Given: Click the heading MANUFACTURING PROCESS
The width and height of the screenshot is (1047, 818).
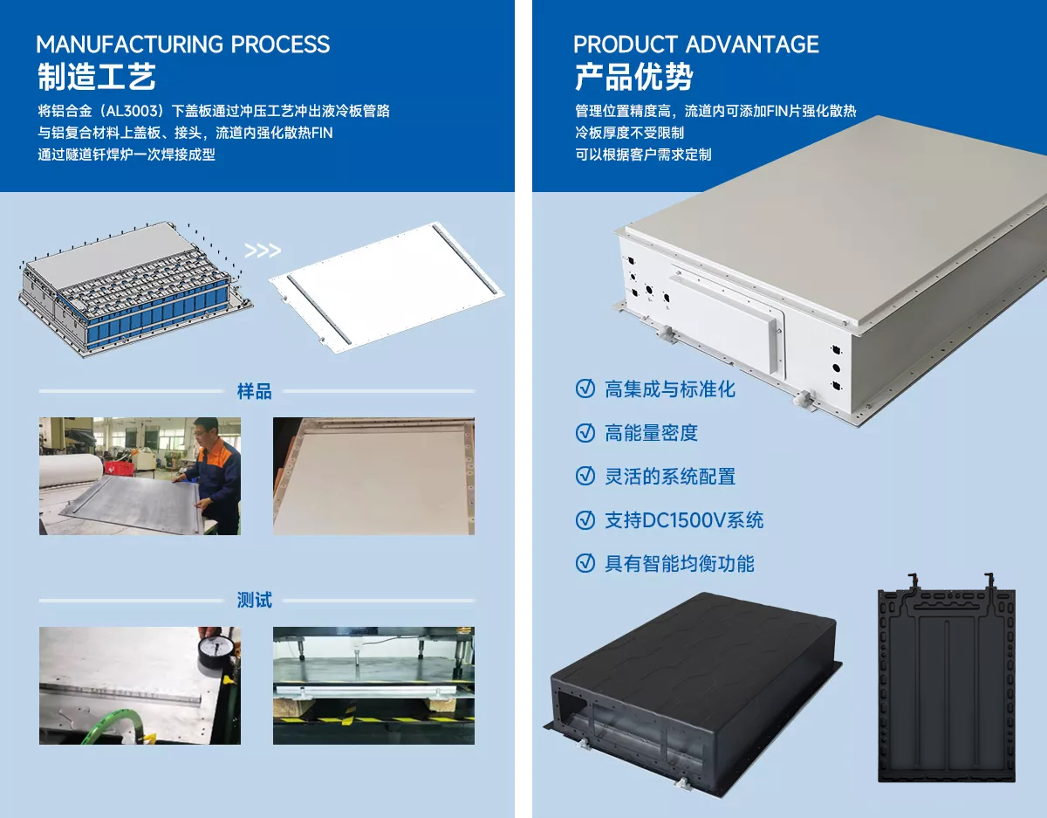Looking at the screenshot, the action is coord(183,45).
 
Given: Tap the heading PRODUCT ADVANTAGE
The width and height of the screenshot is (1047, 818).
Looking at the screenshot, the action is coord(695,45).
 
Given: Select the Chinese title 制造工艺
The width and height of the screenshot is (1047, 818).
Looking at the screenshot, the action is coord(97,77).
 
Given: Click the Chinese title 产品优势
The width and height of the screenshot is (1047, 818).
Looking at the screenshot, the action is coord(633,77).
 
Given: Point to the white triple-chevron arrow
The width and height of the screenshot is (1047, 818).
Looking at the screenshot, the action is coord(263,251).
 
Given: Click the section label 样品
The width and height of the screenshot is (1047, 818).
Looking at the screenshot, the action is coord(255,391).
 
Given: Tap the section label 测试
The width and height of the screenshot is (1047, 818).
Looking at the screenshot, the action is coord(255,600).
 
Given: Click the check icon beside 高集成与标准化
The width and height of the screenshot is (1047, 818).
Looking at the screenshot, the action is coord(585,388).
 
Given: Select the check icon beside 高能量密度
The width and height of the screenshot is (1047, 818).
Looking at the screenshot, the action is coord(585,432).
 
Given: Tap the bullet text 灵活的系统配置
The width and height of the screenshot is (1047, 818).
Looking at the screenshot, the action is coord(670,477).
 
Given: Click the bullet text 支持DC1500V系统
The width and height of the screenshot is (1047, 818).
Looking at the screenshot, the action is coord(684,520).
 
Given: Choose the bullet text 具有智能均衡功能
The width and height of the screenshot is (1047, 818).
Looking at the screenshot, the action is coord(680,563).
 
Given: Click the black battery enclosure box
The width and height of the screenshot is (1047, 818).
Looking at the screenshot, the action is coord(694,694).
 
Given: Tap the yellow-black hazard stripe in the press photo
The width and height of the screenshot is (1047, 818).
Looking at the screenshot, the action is coord(374,720).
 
